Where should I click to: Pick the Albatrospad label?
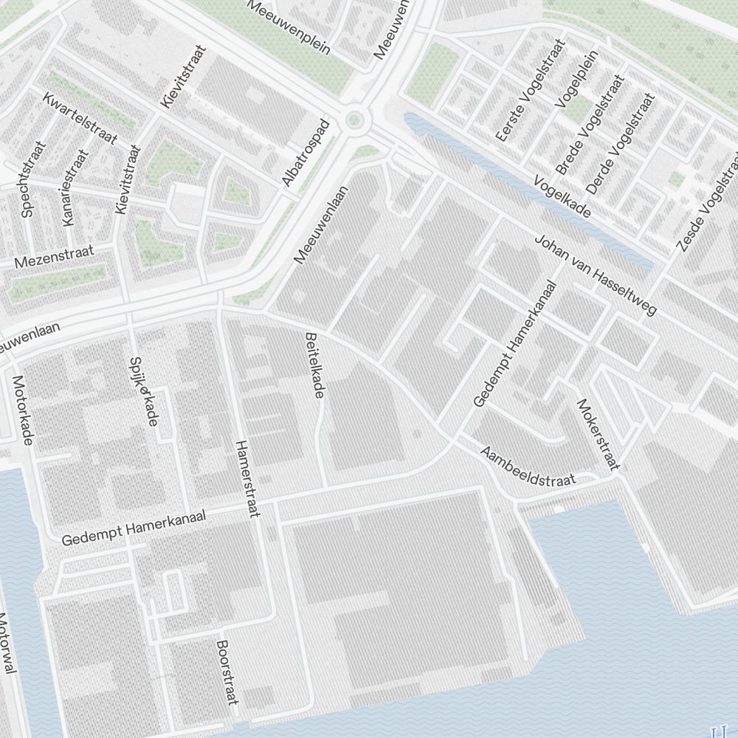coord(305,152)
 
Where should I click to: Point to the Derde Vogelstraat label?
coord(620,142)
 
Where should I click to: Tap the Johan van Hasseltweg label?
coord(594,275)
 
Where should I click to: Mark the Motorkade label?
coord(21,410)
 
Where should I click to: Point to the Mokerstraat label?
coord(599,435)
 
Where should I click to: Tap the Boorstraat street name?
coord(227,672)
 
